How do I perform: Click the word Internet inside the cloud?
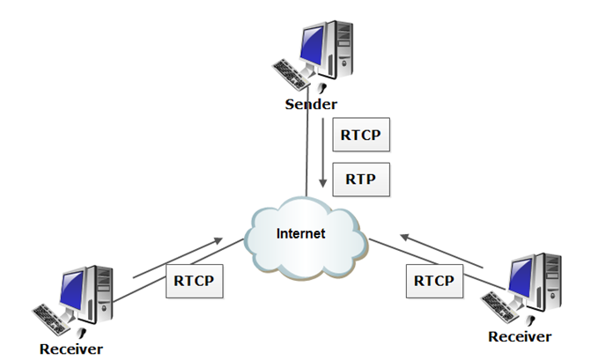[300, 234]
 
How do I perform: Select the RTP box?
[360, 179]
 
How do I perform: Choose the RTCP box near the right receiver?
[433, 281]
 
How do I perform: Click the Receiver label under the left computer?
[71, 349]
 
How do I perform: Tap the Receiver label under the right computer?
[520, 336]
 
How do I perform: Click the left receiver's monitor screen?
[70, 286]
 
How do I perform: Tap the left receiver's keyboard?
[53, 316]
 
